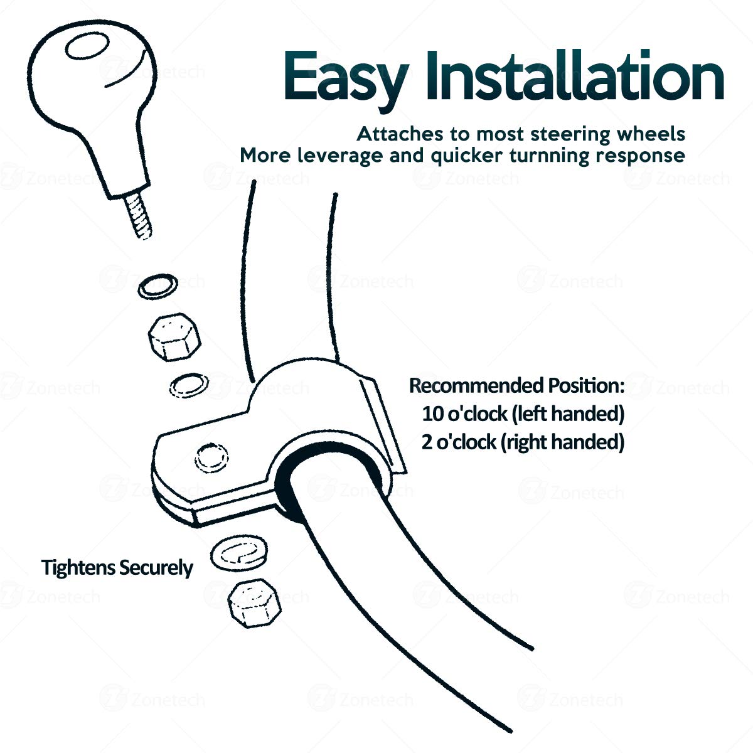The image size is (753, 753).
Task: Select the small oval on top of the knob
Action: pyautogui.click(x=87, y=46)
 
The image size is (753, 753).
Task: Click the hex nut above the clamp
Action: pyautogui.click(x=174, y=337)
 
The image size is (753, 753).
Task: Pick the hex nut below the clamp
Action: pyautogui.click(x=254, y=604)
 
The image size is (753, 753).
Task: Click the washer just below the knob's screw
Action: pyautogui.click(x=158, y=286)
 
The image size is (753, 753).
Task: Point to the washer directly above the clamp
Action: pyautogui.click(x=189, y=386)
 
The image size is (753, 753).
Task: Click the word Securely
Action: pyautogui.click(x=156, y=568)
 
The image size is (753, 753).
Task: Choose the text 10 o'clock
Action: pyautogui.click(x=464, y=414)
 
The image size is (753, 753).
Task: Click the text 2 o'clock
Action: pyautogui.click(x=459, y=442)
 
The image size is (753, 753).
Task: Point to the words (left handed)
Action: pyautogui.click(x=568, y=414)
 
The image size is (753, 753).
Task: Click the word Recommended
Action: pyautogui.click(x=476, y=385)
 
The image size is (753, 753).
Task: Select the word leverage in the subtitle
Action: pyautogui.click(x=340, y=156)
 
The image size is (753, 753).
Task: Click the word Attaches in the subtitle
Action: pyautogui.click(x=400, y=134)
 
